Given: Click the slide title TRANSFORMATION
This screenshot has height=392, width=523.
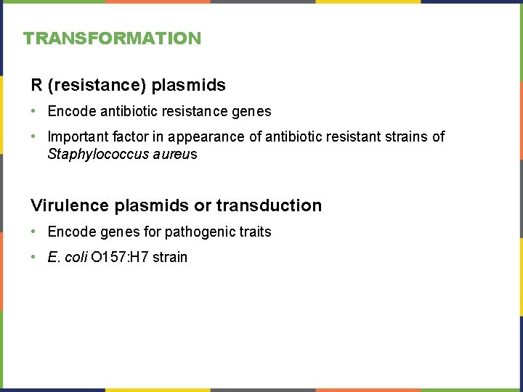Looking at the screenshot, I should point(112,38).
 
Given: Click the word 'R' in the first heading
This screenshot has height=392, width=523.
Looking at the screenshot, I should point(36,86).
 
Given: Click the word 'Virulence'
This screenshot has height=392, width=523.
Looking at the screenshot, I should point(70,205).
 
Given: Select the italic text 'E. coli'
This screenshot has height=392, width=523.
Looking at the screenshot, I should point(68,257).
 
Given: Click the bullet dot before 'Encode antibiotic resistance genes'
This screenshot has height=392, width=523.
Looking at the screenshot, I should point(35,111).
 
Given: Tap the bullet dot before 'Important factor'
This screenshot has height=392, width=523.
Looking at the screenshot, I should point(35,136).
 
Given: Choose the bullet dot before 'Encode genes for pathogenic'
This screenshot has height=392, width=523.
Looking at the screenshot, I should point(35,232).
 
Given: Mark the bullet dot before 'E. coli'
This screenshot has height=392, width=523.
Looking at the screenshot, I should point(35,257).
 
